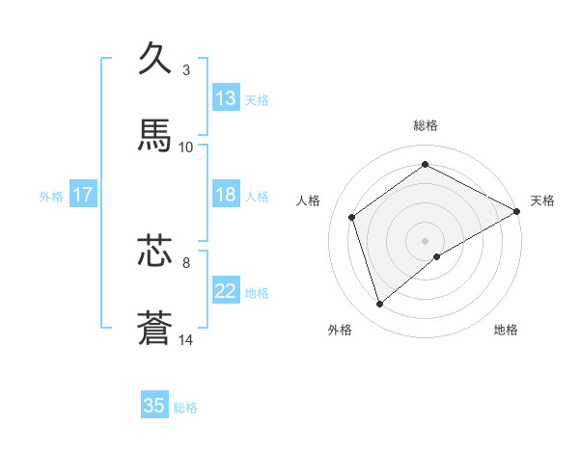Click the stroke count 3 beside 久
pyautogui.click(x=186, y=70)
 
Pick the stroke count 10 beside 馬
pyautogui.click(x=186, y=147)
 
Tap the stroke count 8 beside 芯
pyautogui.click(x=186, y=261)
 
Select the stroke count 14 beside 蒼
pyautogui.click(x=186, y=339)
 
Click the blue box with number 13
pyautogui.click(x=226, y=98)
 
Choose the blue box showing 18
pyautogui.click(x=226, y=195)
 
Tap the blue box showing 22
pyautogui.click(x=226, y=291)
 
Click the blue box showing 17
pyautogui.click(x=83, y=195)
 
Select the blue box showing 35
pyautogui.click(x=154, y=406)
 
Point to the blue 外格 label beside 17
pyautogui.click(x=51, y=196)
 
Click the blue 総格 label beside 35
pyautogui.click(x=185, y=408)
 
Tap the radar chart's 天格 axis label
pyautogui.click(x=542, y=200)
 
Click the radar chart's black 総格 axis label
pyautogui.click(x=426, y=125)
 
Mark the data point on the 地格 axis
pyautogui.click(x=437, y=256)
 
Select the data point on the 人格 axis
pyautogui.click(x=352, y=217)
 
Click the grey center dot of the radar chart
pyautogui.click(x=426, y=240)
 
